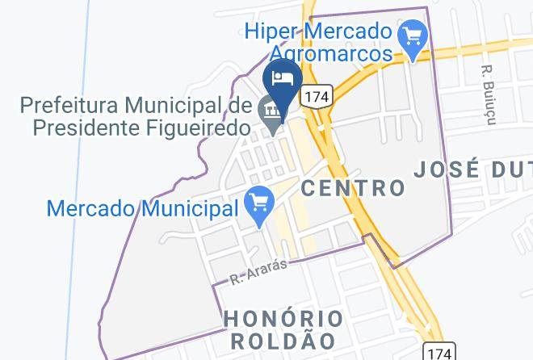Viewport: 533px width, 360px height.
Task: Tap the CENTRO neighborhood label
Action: [353, 188]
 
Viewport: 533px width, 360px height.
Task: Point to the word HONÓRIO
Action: [283, 318]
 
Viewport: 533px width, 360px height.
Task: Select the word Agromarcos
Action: [331, 53]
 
